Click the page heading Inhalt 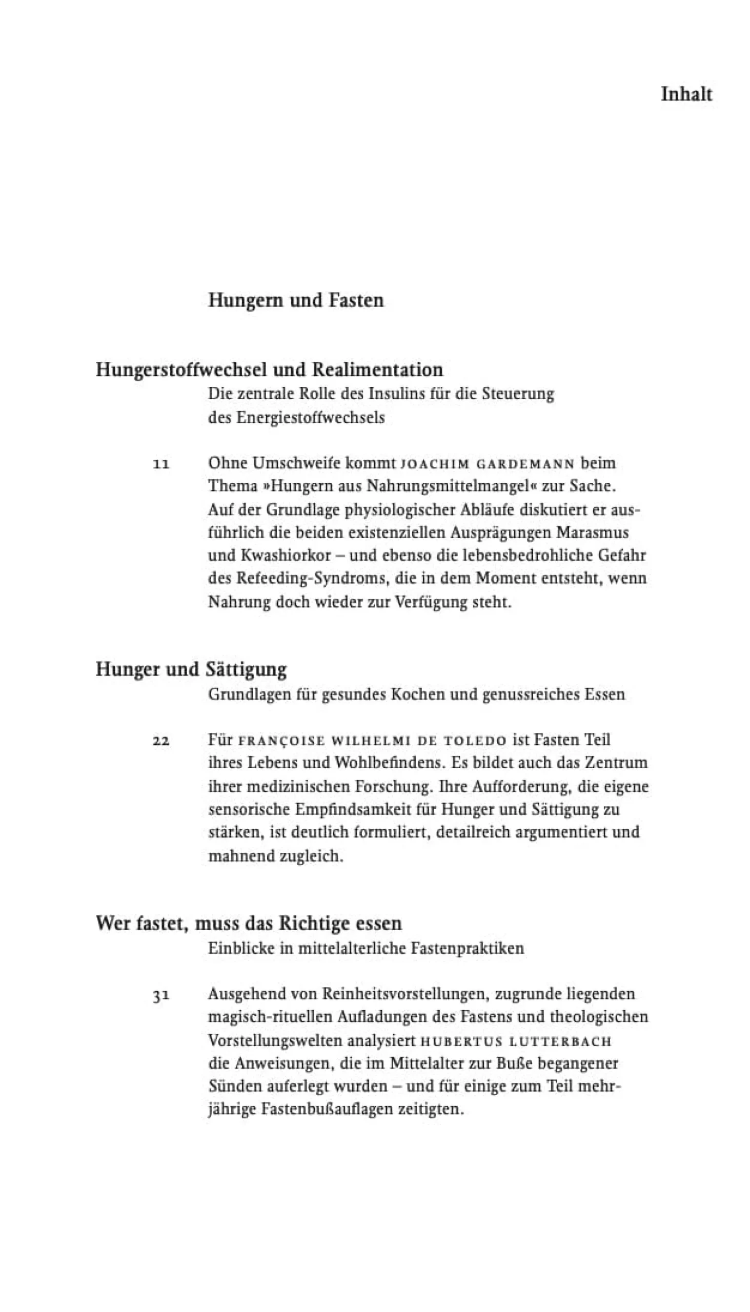[686, 95]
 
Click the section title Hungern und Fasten [296, 300]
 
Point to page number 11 [161, 464]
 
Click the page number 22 [161, 741]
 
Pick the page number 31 [161, 995]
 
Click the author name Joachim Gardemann [488, 464]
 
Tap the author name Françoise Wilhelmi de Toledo [372, 741]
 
